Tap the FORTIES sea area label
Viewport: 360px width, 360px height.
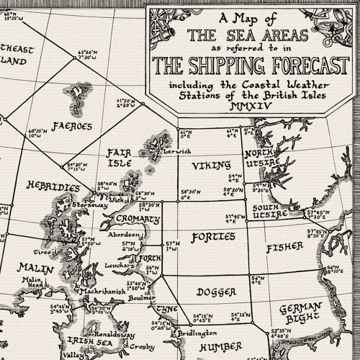coord(213,237)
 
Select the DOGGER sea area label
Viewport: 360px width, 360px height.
coord(215,292)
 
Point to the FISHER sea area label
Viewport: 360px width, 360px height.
coord(285,248)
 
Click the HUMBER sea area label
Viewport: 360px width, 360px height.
coord(220,347)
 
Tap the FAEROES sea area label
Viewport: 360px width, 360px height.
coord(72,126)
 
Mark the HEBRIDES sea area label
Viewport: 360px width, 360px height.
coord(53,186)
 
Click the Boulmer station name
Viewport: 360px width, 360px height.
coord(142,297)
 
